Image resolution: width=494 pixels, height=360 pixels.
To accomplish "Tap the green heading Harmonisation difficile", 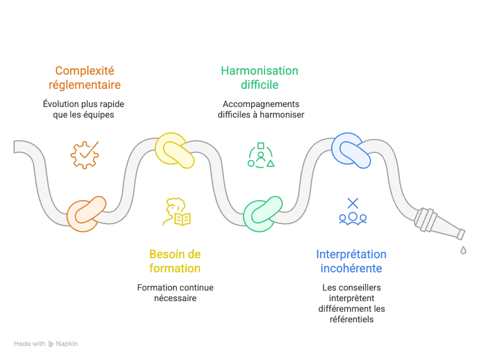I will [x=259, y=78].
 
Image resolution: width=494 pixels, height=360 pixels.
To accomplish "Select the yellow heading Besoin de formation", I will [x=175, y=261].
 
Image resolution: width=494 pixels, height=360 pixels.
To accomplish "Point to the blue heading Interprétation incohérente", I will [x=351, y=261].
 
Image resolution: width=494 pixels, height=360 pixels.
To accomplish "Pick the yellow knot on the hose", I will [x=174, y=151].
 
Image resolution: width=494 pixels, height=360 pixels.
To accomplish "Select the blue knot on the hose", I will [x=351, y=149].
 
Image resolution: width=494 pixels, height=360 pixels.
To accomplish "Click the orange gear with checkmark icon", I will [x=85, y=155].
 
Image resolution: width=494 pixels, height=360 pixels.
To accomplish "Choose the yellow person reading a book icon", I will [x=176, y=212].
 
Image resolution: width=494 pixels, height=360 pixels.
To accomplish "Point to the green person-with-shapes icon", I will [x=261, y=155].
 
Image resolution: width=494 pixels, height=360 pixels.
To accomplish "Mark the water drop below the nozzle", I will [x=463, y=250].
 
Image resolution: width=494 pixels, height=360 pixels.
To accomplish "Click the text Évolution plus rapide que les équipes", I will [x=84, y=109].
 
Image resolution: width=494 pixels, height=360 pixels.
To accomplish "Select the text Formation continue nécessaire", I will [x=175, y=293].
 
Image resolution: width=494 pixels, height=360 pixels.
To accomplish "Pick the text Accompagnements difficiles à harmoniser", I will [x=261, y=109].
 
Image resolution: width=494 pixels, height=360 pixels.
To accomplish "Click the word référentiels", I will [x=352, y=319].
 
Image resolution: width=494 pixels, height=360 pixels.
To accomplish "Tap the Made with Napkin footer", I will [x=46, y=344].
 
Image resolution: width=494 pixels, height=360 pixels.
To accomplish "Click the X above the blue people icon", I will [x=352, y=204].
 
